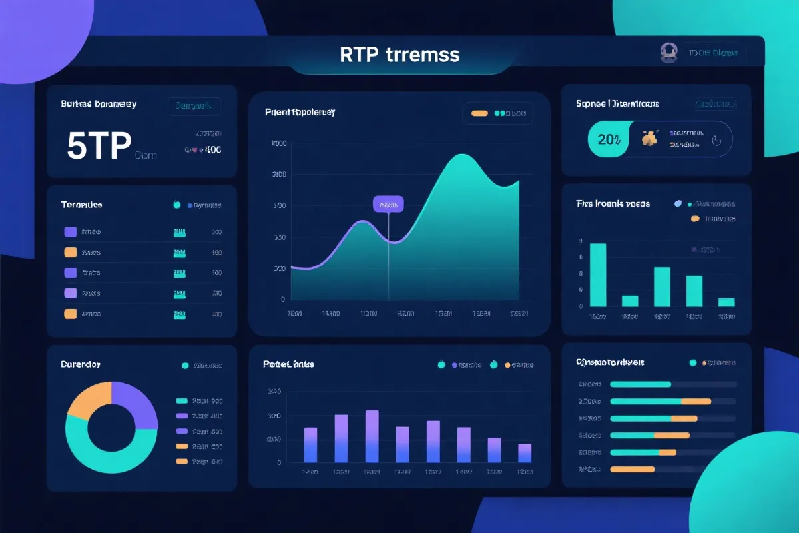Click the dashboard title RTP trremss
pyautogui.click(x=400, y=54)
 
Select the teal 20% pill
pyautogui.click(x=608, y=139)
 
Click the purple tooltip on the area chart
pyautogui.click(x=388, y=205)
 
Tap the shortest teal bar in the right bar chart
pyautogui.click(x=726, y=302)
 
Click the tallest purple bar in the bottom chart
pyautogui.click(x=372, y=436)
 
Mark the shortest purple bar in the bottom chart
pyautogui.click(x=525, y=453)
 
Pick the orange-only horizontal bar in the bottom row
pyautogui.click(x=632, y=469)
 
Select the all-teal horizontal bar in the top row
pyautogui.click(x=641, y=384)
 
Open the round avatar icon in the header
pyautogui.click(x=668, y=53)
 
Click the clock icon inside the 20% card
pyautogui.click(x=716, y=141)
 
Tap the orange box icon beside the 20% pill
pyautogui.click(x=649, y=139)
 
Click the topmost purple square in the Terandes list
pyautogui.click(x=70, y=232)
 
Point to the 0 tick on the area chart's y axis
pyautogui.click(x=283, y=300)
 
